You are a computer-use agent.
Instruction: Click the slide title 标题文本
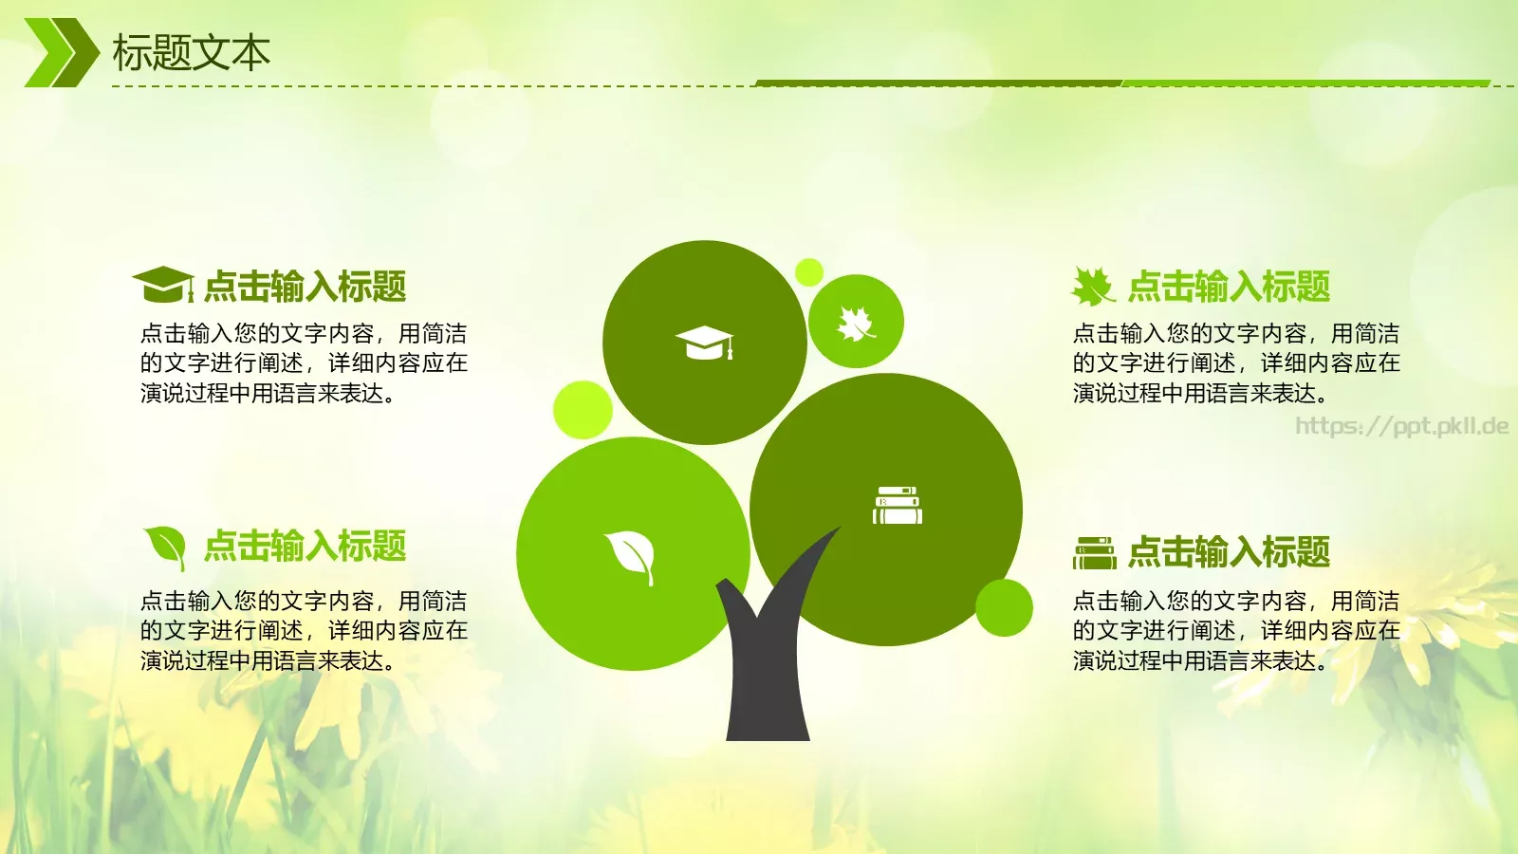[x=191, y=53]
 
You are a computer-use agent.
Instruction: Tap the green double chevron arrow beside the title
[x=61, y=53]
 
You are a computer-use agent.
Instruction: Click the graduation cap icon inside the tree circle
[x=704, y=343]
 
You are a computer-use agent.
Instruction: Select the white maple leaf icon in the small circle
[x=855, y=323]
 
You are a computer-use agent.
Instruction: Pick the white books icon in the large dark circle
[x=897, y=505]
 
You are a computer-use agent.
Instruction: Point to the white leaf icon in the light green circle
[x=631, y=555]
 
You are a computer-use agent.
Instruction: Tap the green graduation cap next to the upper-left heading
[x=162, y=284]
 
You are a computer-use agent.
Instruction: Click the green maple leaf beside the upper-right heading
[x=1092, y=286]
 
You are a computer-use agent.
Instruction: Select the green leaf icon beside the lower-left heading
[x=165, y=547]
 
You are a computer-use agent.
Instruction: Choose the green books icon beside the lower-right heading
[x=1094, y=552]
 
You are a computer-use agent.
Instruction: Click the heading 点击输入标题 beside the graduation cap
[x=305, y=286]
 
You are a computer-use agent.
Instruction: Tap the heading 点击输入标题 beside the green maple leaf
[x=1229, y=286]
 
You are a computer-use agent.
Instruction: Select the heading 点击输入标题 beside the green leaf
[x=305, y=547]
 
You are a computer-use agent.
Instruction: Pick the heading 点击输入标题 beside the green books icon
[x=1229, y=552]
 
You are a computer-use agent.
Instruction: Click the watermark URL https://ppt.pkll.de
[x=1401, y=426]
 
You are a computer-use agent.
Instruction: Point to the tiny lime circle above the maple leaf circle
[x=808, y=272]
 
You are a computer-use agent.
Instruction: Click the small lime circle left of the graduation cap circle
[x=582, y=409]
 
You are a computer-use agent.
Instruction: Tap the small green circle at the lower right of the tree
[x=1004, y=607]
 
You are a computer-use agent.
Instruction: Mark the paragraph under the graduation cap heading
[x=304, y=363]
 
